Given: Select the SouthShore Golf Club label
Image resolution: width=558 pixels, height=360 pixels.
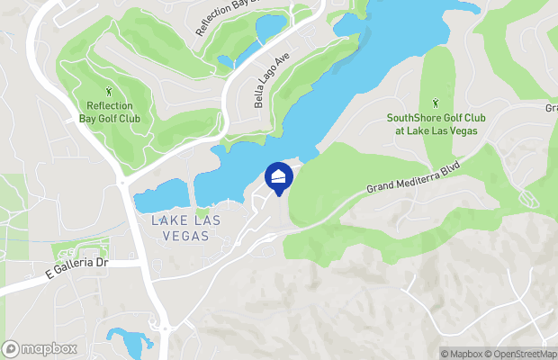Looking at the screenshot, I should [432, 123].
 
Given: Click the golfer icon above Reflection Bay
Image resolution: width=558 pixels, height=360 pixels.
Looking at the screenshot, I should [110, 92].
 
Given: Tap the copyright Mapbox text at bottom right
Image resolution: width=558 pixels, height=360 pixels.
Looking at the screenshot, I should [463, 353].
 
